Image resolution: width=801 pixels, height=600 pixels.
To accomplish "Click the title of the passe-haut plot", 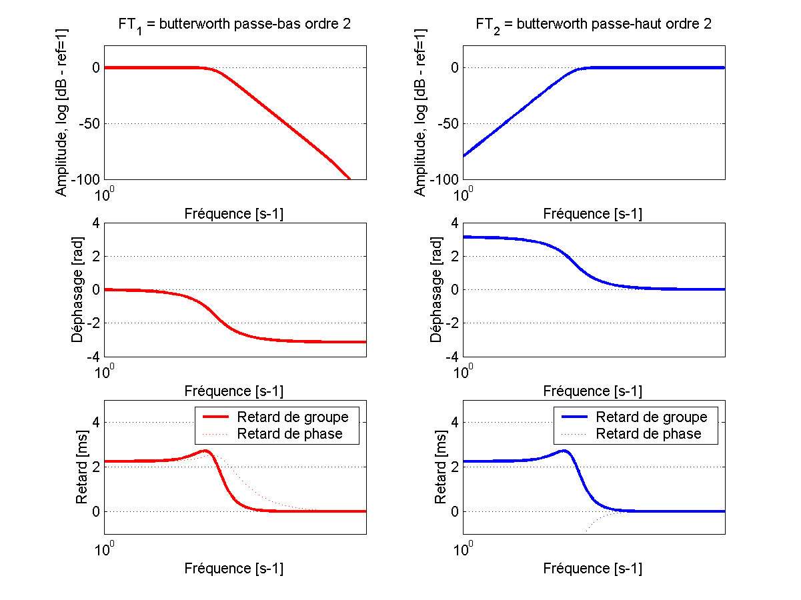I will [593, 25].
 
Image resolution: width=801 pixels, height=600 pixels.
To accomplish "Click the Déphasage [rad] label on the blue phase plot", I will [438, 289].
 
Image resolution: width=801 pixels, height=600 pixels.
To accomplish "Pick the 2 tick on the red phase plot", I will [96, 256].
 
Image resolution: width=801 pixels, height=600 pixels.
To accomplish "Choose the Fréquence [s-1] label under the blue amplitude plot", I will [593, 214].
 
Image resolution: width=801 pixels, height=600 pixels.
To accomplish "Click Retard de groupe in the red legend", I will [292, 417].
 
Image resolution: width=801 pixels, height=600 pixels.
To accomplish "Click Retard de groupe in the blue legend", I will [651, 417].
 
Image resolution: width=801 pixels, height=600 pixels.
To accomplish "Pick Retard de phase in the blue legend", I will [648, 434].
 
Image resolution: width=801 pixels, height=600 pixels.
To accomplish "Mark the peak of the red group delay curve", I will [206, 451].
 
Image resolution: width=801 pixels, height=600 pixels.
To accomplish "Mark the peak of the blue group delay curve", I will [565, 451].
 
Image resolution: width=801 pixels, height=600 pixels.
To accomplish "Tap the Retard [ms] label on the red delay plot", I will [81, 467].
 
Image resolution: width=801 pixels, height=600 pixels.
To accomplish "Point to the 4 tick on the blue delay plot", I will [455, 422].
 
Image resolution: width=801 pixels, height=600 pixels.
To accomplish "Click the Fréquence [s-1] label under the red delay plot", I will [233, 569].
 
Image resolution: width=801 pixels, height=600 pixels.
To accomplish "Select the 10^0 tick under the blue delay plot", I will [463, 549].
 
